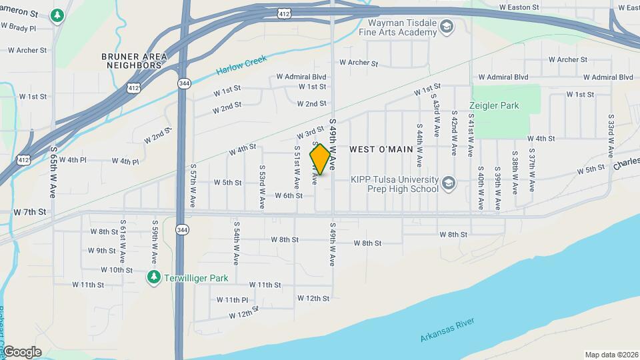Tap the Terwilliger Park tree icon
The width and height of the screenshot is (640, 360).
(154, 277)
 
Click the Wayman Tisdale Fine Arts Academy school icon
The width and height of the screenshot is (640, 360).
(447, 27)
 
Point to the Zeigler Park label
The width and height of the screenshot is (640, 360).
(494, 105)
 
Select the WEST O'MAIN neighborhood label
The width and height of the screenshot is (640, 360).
(381, 149)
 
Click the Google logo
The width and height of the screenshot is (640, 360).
(22, 352)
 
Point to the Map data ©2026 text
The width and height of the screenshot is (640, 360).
(611, 355)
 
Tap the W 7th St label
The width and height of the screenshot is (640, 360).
(29, 211)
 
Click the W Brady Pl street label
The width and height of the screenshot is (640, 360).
(18, 27)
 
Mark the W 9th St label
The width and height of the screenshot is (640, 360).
(101, 251)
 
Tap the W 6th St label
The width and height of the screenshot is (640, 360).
(289, 195)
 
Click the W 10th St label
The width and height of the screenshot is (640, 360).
(117, 270)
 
